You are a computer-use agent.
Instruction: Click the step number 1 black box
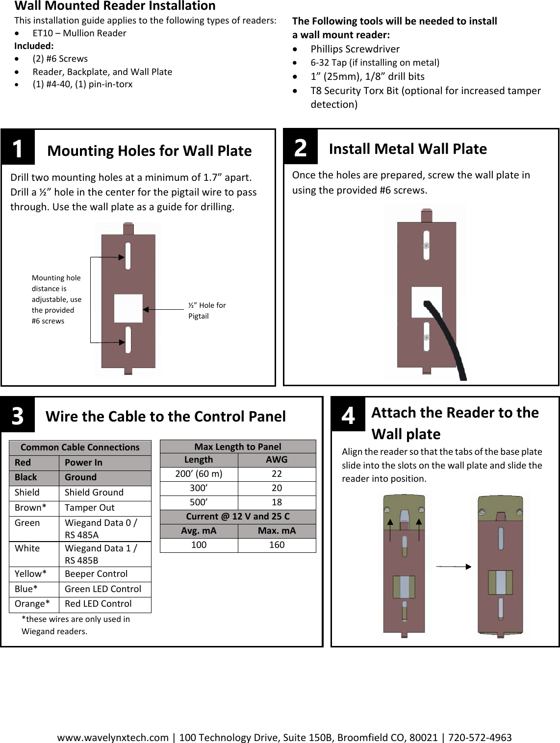(18, 148)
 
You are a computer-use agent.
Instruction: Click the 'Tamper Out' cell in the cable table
(89, 508)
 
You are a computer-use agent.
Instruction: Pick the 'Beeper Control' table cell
(96, 574)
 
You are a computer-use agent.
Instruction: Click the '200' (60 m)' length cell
(199, 474)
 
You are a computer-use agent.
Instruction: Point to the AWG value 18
(277, 502)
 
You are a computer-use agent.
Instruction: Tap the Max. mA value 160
(277, 545)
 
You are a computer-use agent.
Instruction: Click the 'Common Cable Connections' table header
(80, 447)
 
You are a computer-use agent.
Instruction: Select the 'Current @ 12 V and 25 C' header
(238, 517)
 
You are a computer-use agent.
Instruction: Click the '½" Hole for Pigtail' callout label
(206, 311)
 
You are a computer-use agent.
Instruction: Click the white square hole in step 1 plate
(128, 309)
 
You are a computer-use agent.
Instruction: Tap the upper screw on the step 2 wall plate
(427, 246)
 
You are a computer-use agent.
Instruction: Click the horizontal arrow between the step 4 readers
(453, 567)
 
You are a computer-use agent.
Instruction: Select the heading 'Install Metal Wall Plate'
(407, 149)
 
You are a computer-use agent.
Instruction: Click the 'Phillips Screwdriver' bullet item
(355, 49)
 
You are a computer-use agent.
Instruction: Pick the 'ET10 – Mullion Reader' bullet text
(79, 33)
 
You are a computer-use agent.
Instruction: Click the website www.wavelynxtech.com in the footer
(113, 738)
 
